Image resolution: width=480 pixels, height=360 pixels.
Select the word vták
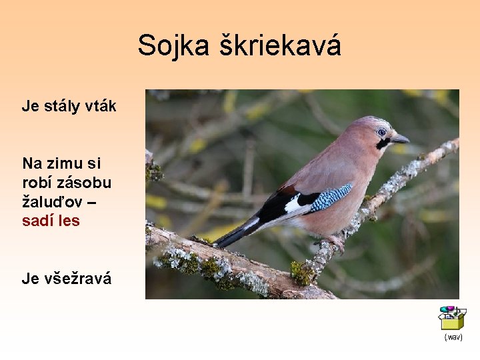point(101,106)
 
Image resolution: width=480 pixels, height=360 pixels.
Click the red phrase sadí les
point(51,221)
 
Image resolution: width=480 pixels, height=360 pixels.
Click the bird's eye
point(381,132)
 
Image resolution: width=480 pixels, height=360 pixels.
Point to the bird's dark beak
point(399,139)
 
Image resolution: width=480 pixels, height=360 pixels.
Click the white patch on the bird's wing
point(293,204)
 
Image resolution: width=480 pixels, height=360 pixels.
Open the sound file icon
point(451,318)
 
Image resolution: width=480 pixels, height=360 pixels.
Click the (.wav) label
point(453,337)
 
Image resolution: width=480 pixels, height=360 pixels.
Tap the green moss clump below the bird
point(301,273)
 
